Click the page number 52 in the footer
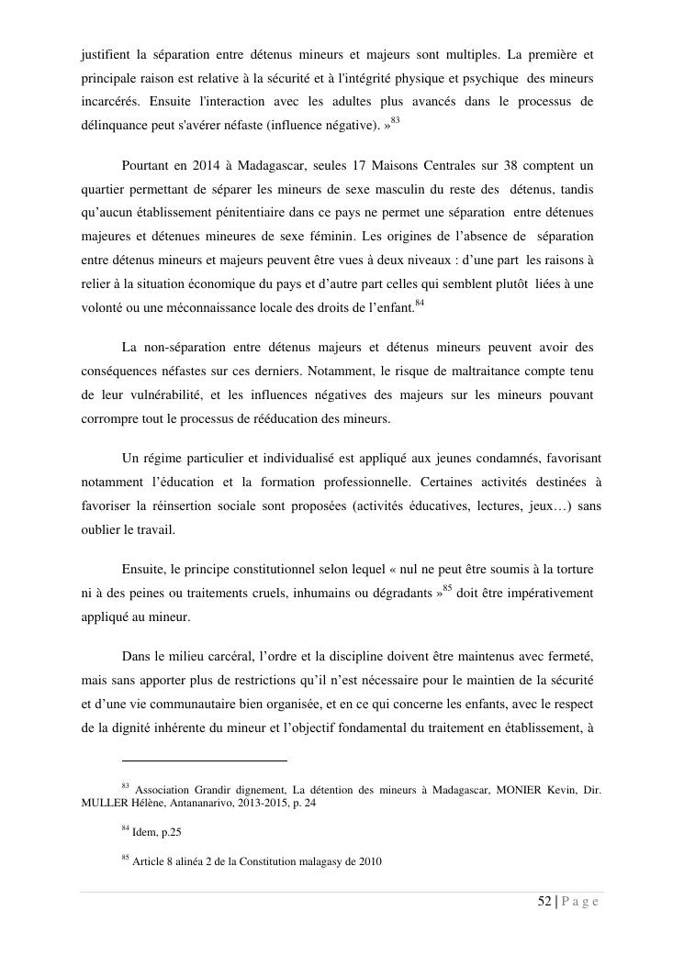pos(544,902)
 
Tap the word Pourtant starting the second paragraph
pos(147,166)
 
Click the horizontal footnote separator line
pos(204,761)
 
